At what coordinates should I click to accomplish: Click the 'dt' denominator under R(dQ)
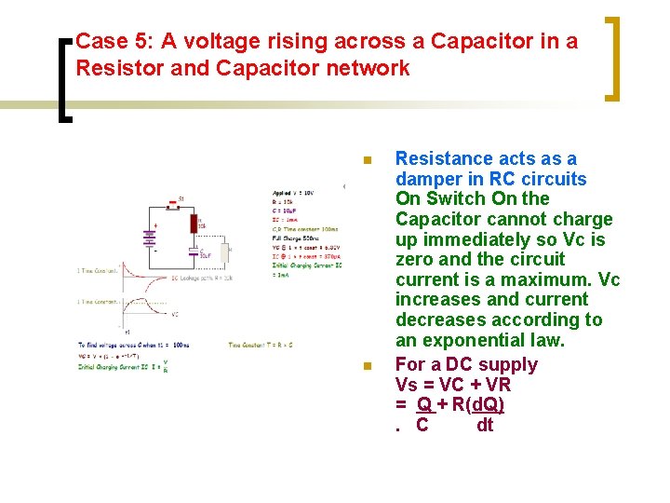485,426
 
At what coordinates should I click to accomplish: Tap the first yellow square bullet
368,161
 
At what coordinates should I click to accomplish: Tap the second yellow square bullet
368,366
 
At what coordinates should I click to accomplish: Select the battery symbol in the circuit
148,237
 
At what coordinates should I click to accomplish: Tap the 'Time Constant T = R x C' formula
261,345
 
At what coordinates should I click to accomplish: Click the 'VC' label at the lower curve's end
175,315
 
